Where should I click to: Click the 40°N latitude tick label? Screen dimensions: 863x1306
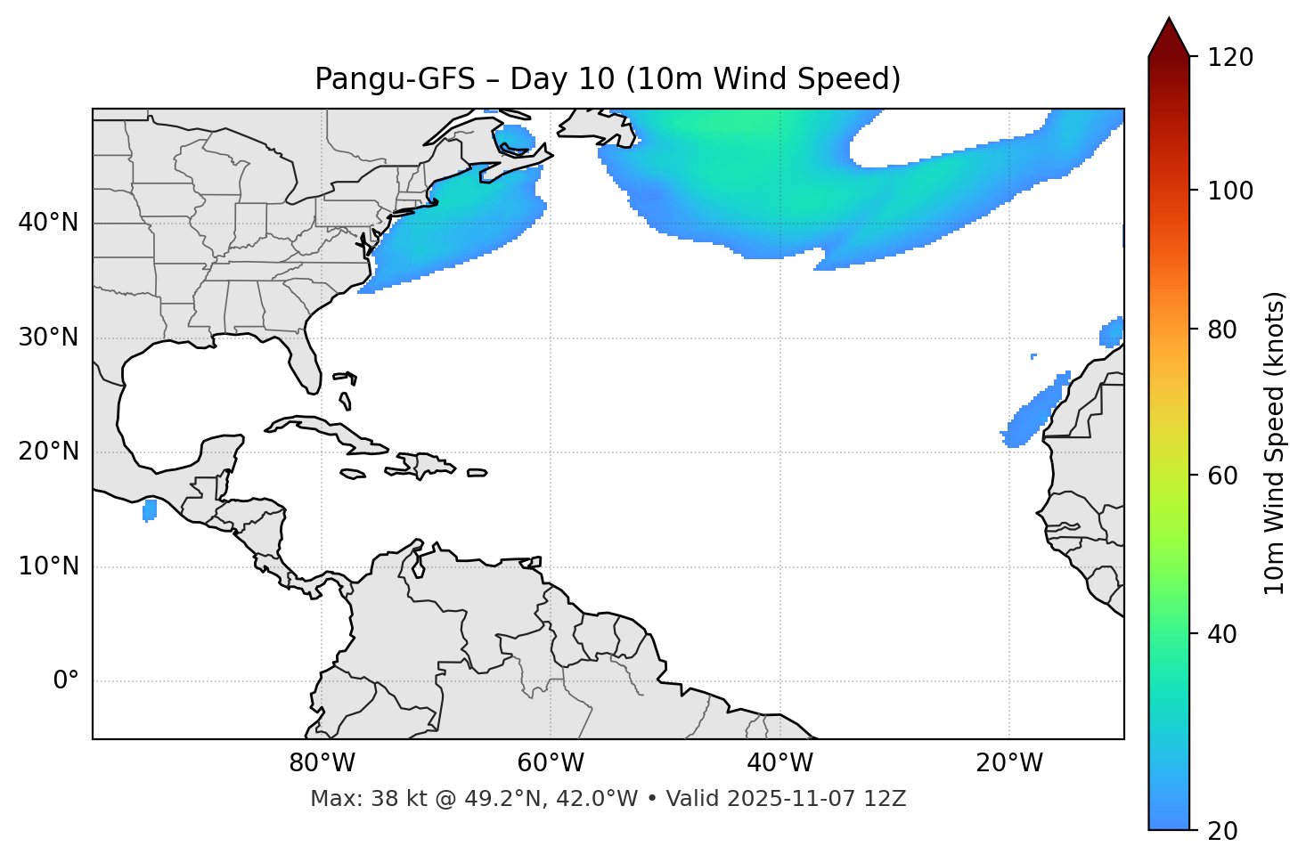pos(48,223)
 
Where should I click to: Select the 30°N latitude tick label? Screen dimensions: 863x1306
pos(48,338)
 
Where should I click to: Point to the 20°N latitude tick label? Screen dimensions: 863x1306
pos(48,452)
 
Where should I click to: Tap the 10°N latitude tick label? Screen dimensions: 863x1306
pos(48,566)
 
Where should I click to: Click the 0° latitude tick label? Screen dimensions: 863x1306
pos(66,681)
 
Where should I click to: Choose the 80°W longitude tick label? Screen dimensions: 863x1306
pos(322,763)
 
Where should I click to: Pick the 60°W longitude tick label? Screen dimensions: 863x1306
pos(551,763)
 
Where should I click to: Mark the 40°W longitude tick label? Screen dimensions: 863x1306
pos(780,763)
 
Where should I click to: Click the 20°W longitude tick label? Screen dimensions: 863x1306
pos(1009,763)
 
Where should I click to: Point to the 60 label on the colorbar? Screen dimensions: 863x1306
pos(1222,476)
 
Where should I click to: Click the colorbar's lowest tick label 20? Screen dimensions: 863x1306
pos(1222,830)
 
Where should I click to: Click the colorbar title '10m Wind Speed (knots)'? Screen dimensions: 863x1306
pos(1275,444)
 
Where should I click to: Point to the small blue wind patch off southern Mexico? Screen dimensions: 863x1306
pos(150,510)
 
